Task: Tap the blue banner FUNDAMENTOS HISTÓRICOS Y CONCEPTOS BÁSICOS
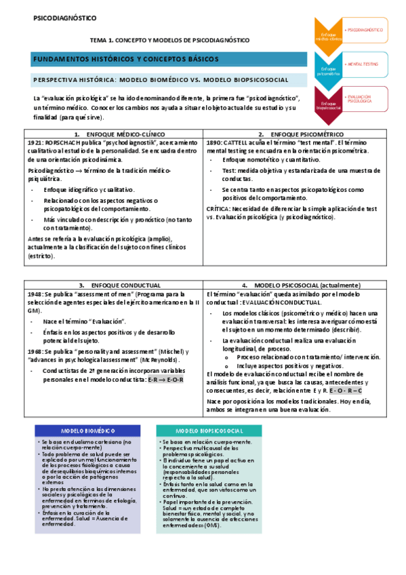pos(126,60)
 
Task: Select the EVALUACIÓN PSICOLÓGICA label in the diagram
pos(359,100)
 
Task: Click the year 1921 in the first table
pos(35,144)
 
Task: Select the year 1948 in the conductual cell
pos(35,294)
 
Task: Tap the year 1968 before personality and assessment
pos(35,351)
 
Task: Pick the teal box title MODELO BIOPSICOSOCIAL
pos(209,431)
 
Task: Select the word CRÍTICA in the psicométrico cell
pos(219,209)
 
